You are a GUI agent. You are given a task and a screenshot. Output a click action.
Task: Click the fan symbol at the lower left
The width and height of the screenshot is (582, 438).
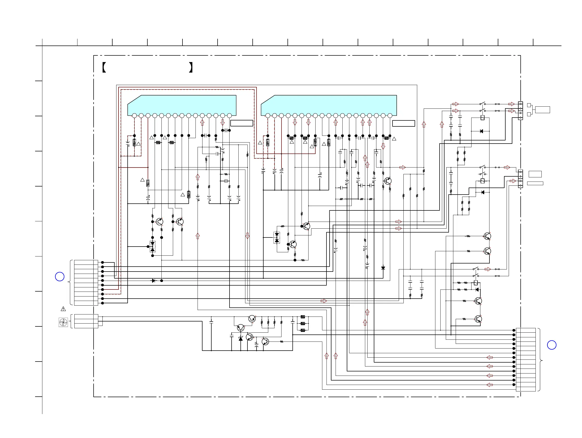[63, 322]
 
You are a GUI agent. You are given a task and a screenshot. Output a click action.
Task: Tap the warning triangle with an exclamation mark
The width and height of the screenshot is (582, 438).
[63, 309]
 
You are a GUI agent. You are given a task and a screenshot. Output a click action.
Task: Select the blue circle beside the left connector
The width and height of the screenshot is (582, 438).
[60, 277]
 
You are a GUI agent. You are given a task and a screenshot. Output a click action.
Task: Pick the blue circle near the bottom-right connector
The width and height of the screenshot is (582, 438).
[552, 345]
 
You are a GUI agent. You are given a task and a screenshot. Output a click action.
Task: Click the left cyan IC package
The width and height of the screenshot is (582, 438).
[182, 105]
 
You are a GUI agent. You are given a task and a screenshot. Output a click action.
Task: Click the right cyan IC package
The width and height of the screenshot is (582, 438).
[329, 105]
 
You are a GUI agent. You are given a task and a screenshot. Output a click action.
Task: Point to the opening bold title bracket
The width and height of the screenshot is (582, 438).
[104, 67]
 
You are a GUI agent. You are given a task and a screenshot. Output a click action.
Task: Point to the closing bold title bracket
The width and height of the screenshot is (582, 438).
[191, 67]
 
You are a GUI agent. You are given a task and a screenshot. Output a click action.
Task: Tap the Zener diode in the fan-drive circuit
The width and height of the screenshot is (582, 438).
[240, 339]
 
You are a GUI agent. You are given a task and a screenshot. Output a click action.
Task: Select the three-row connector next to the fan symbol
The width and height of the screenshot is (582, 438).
[86, 321]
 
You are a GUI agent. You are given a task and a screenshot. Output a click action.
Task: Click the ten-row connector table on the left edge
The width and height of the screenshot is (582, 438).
[86, 283]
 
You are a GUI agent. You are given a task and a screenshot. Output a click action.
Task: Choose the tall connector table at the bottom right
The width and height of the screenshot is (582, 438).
[526, 359]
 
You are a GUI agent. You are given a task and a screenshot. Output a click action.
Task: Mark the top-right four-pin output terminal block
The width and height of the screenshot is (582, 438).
[520, 111]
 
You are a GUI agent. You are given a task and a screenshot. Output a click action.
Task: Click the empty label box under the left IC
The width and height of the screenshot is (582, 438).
[241, 123]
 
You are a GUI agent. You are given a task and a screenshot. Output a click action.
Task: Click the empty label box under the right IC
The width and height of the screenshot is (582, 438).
[404, 124]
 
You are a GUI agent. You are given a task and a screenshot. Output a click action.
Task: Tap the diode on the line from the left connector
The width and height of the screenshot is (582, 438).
[154, 281]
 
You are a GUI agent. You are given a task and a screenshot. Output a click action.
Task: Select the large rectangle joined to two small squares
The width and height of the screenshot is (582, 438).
[542, 109]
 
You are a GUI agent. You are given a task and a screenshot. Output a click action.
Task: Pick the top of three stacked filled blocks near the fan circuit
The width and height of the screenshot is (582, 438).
[303, 317]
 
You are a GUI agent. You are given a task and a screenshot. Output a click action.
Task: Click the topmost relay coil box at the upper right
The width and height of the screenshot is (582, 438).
[482, 118]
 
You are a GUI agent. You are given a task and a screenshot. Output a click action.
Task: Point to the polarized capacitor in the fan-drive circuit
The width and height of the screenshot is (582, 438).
[257, 345]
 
